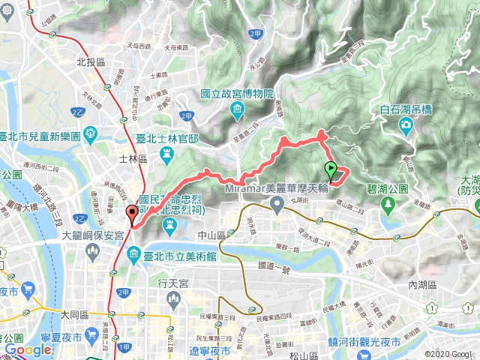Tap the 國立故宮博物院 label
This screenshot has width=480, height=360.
coord(236,94)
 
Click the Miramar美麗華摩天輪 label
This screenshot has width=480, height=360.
coord(277,188)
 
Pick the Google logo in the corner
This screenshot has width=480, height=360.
coord(28,349)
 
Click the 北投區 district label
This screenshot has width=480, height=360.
coord(89,64)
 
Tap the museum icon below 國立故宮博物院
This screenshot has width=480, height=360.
coord(237,112)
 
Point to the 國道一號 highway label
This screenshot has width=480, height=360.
coord(272,265)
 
